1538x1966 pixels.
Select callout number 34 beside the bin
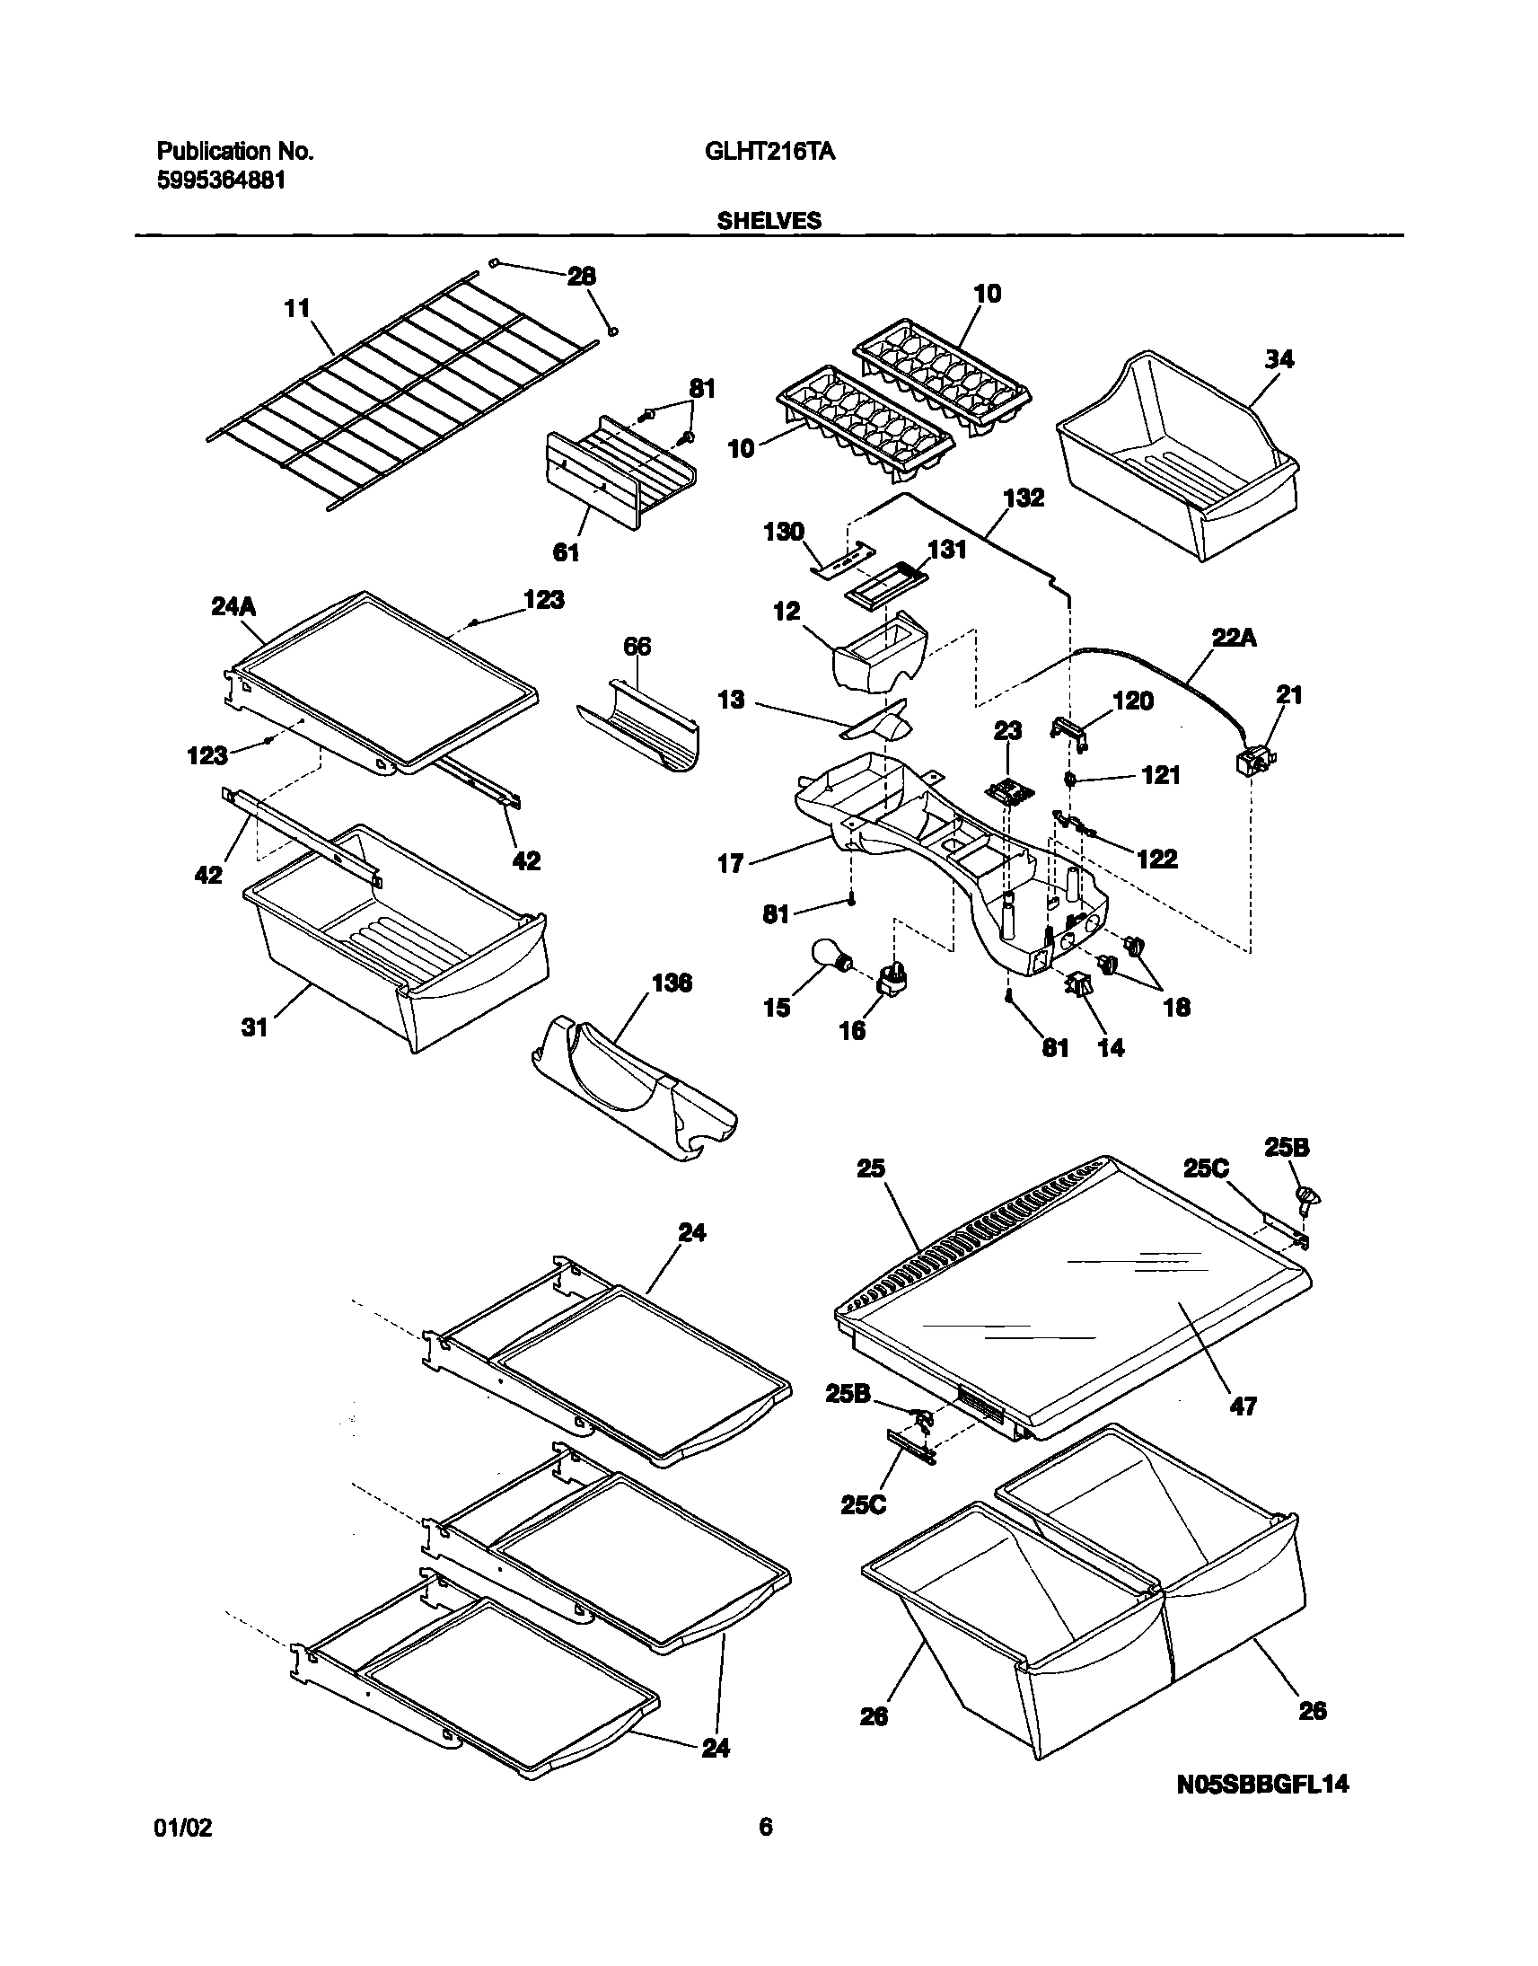1279,359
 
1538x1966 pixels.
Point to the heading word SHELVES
769,221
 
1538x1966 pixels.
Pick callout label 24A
233,607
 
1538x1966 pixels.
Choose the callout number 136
672,983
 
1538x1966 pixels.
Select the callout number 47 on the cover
1243,1406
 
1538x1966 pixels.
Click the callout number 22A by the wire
1234,639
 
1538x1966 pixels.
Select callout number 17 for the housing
730,864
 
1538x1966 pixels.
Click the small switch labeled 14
1078,984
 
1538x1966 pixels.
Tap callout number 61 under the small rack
566,552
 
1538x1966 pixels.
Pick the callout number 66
637,646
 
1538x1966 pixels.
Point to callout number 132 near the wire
1024,498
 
